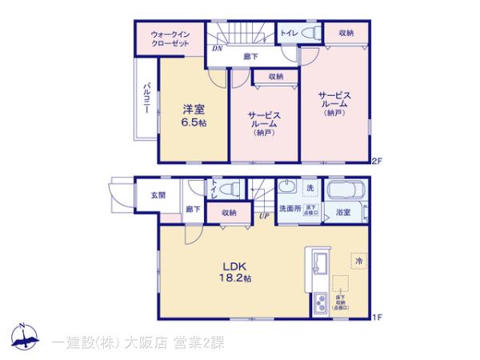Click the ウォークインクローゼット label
(170, 38)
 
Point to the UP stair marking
(263, 214)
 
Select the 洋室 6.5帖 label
(194, 114)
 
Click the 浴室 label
(343, 211)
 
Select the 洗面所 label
(290, 210)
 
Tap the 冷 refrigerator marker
(359, 260)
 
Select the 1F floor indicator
(377, 318)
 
